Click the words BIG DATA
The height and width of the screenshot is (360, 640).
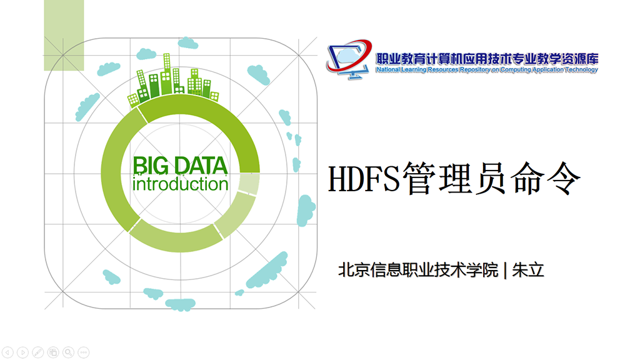180,166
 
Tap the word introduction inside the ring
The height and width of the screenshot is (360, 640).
180,184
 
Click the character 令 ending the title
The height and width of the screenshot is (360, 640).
564,178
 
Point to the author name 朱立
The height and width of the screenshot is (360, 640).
528,270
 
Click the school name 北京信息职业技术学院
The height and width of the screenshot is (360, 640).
418,270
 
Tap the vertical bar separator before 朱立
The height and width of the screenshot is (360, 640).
505,270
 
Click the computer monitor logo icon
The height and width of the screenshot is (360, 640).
349,59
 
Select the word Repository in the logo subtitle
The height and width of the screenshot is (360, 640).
475,70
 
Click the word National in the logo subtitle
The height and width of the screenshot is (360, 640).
388,70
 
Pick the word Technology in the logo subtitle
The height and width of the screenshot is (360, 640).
582,70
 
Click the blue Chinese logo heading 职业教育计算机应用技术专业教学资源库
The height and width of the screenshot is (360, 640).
487,59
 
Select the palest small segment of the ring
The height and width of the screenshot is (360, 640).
249,184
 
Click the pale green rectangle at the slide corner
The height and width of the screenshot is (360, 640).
64,36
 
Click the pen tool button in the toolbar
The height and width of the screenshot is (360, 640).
38,352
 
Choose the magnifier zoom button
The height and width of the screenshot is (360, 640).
69,352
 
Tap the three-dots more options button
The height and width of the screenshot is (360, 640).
84,352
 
